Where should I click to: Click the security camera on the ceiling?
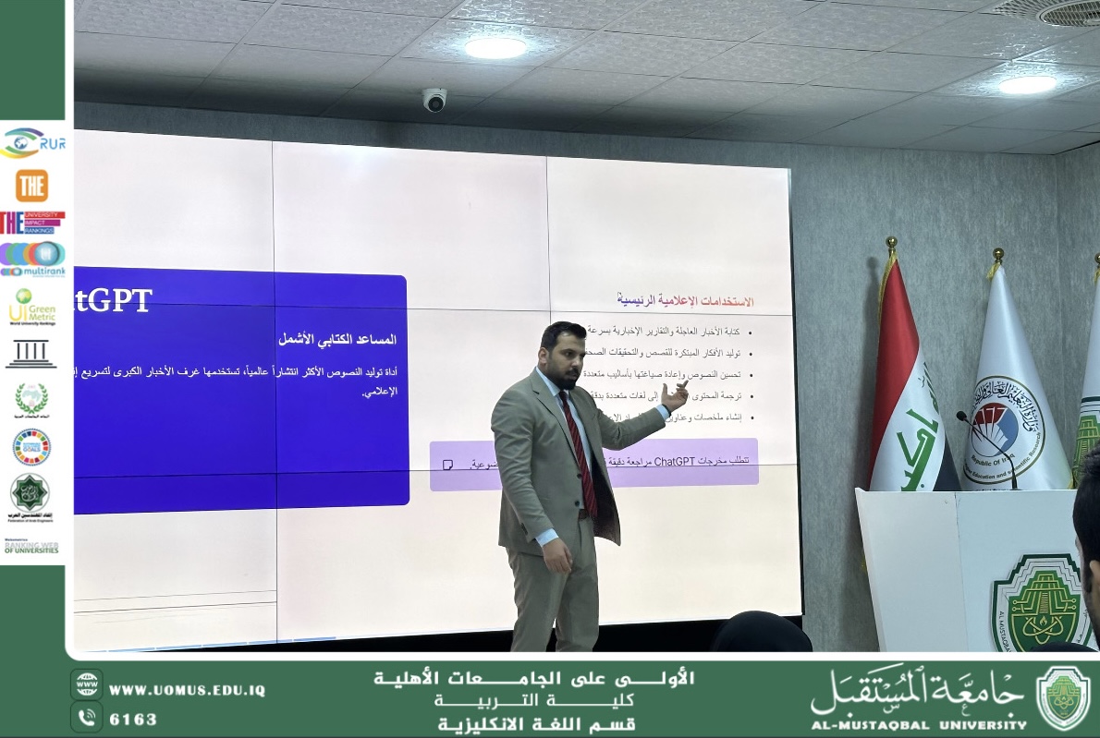[434, 99]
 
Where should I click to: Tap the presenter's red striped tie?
[580, 452]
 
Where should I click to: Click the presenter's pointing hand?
[675, 397]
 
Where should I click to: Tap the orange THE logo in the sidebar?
[31, 186]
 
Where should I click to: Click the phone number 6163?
[133, 719]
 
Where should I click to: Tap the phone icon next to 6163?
[87, 717]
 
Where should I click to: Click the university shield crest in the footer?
[1063, 698]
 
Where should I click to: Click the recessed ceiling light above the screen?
[495, 48]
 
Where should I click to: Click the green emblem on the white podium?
[1040, 600]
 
